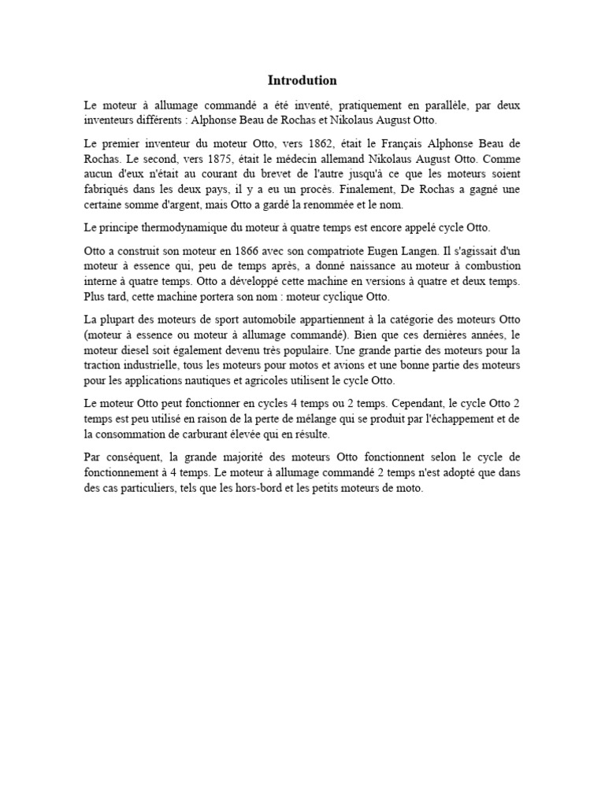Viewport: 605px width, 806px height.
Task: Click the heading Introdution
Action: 302,80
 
